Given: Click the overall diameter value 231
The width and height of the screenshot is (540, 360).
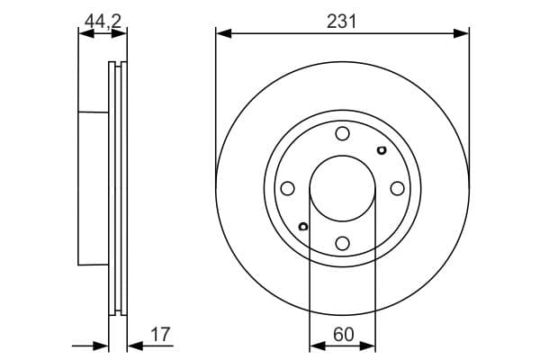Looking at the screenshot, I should click(342, 21).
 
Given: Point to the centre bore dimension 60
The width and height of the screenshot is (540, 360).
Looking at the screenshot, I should click(342, 335).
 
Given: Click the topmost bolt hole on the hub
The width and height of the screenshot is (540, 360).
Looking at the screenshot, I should click(342, 134).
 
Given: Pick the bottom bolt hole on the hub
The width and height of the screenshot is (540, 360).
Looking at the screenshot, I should click(342, 242).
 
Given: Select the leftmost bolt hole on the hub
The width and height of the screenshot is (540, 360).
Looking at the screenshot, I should click(288, 188).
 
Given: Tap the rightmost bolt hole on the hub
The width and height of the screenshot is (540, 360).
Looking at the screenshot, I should click(397, 188).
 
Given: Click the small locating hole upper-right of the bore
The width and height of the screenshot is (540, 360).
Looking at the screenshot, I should click(381, 150).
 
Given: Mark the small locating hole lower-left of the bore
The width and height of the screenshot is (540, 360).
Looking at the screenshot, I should click(304, 226).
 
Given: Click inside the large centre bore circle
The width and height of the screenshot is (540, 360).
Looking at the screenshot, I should click(342, 188).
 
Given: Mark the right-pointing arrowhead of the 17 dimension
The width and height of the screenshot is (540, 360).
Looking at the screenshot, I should click(102, 346).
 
